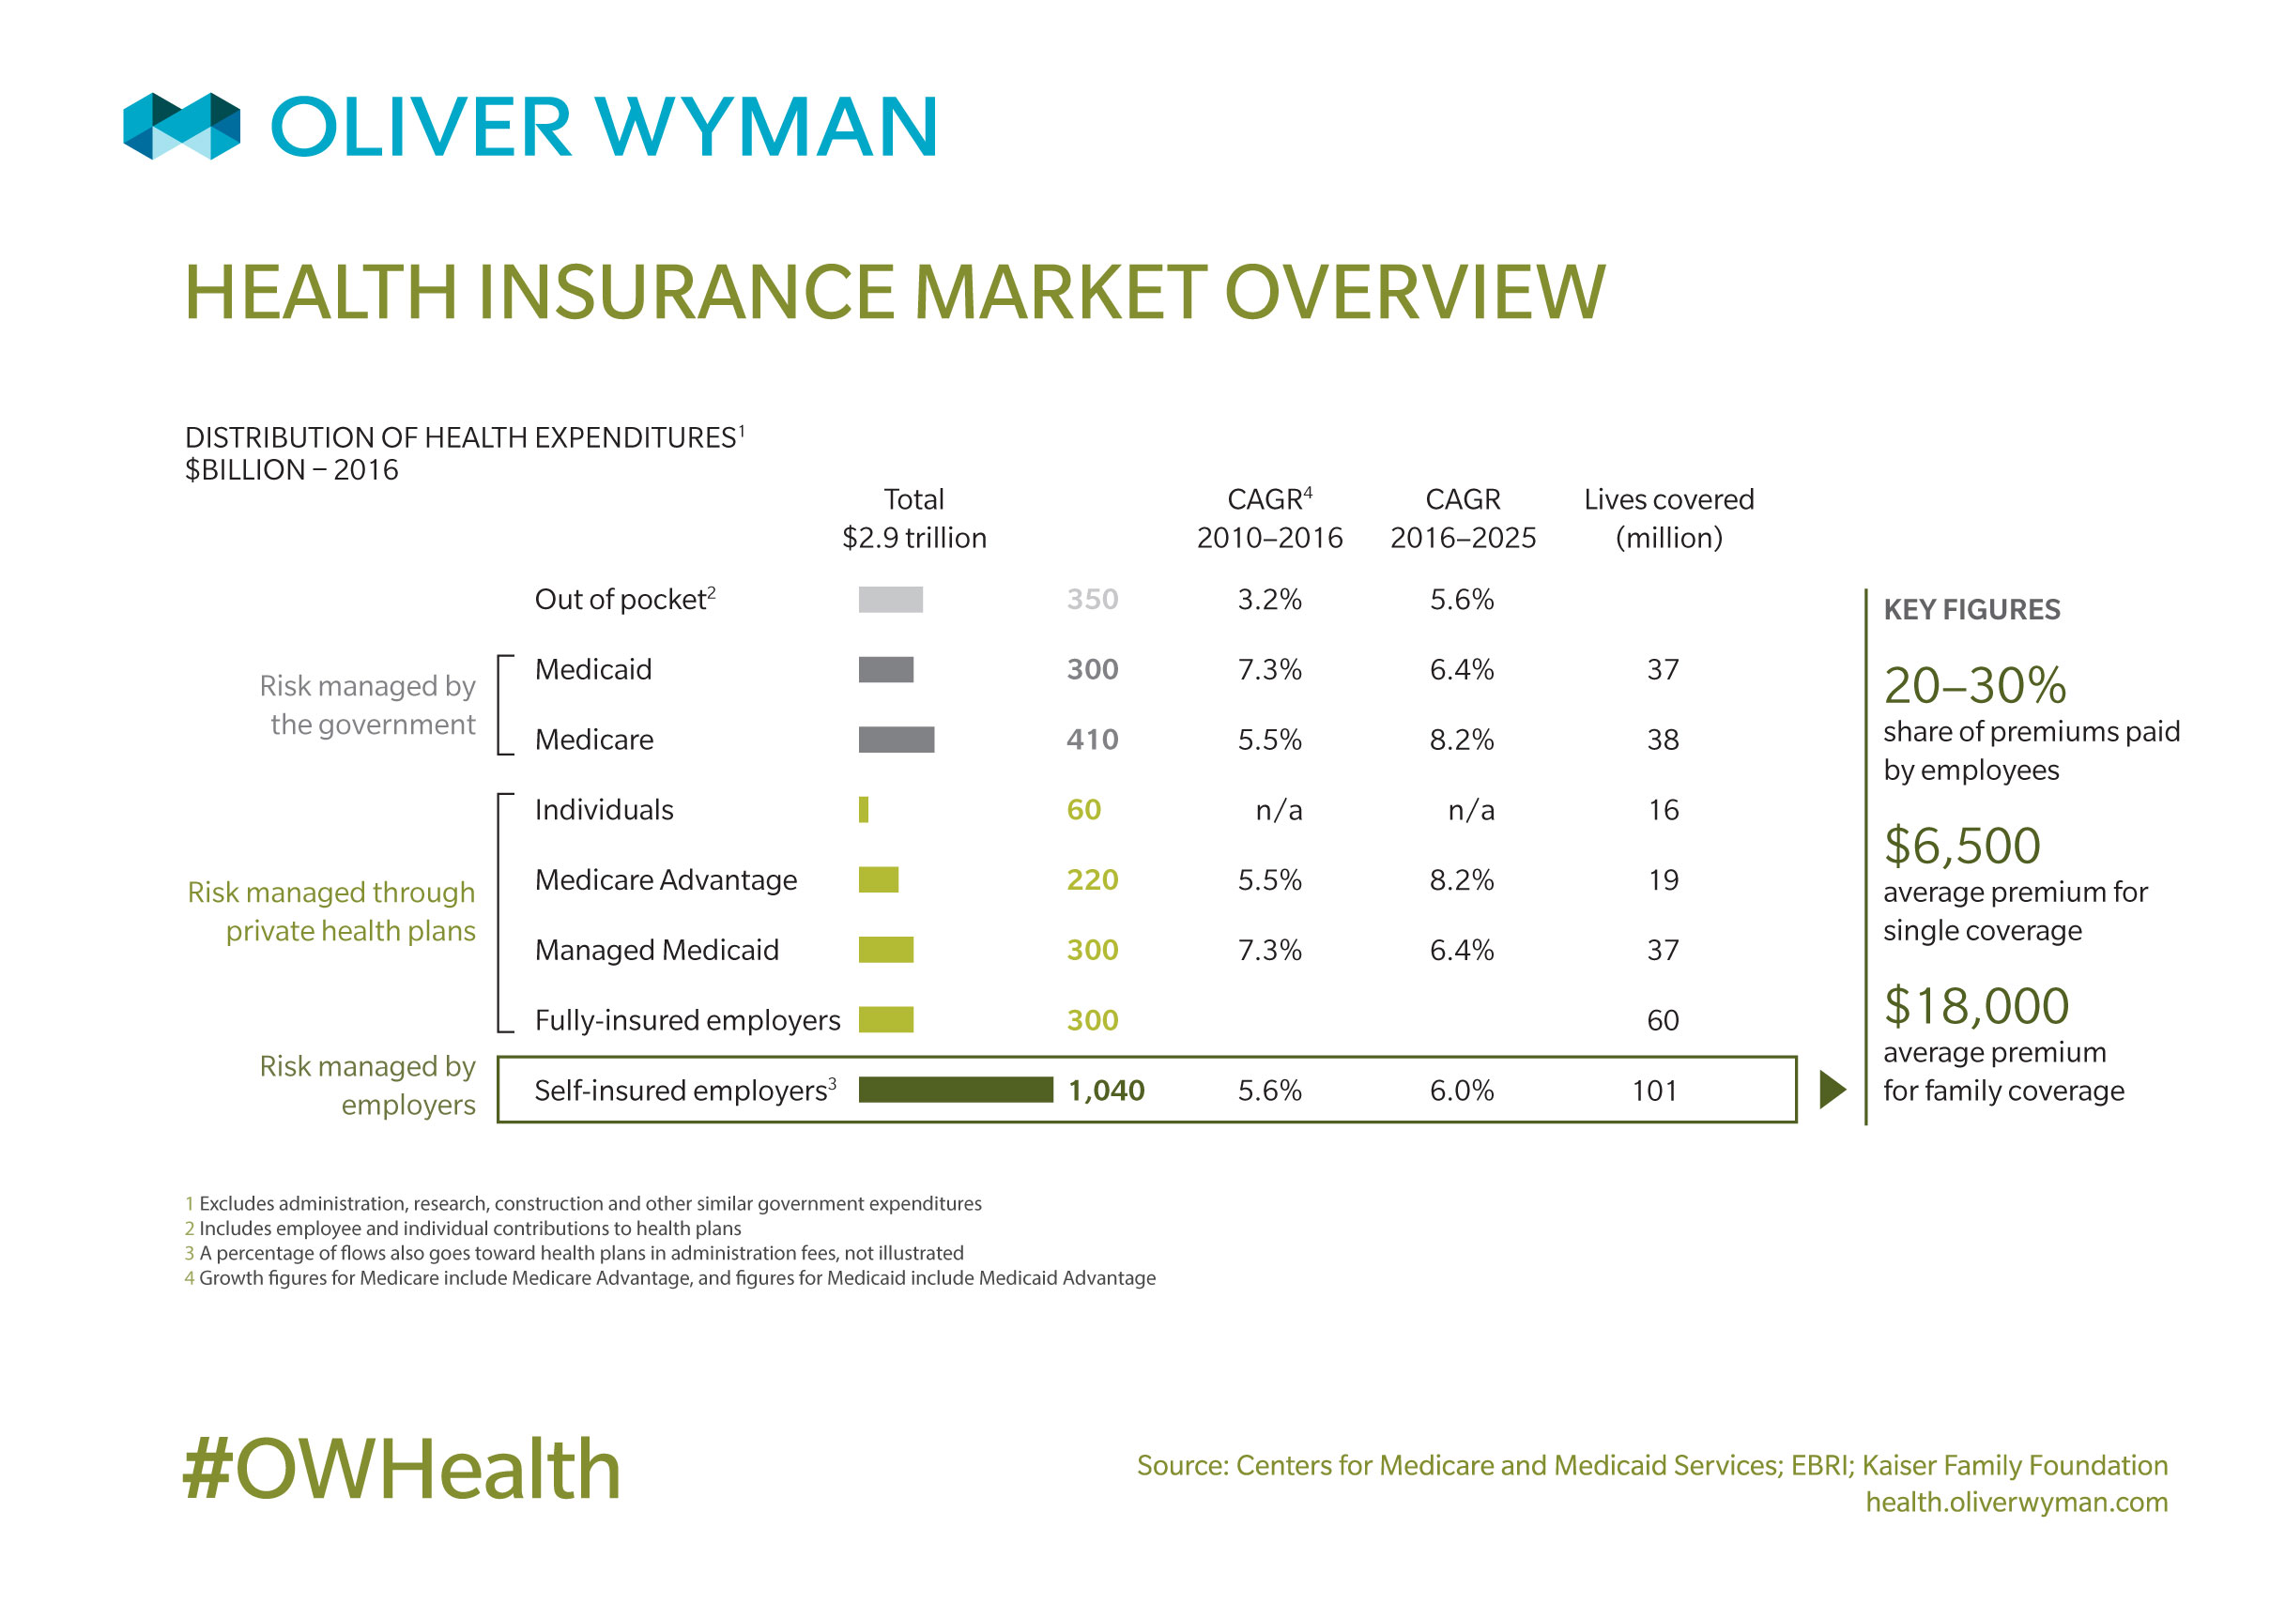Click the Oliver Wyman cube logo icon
(x=181, y=126)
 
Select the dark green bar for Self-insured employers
(x=955, y=1089)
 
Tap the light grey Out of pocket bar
(x=890, y=599)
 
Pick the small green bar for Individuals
(x=863, y=809)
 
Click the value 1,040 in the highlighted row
(x=1105, y=1090)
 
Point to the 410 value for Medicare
(x=1091, y=740)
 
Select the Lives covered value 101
(x=1653, y=1090)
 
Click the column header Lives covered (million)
(x=1668, y=518)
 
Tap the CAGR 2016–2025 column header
(x=1462, y=518)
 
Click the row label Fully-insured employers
(x=686, y=1019)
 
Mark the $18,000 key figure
(x=1975, y=1005)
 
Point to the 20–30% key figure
(x=1974, y=684)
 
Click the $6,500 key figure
(x=1961, y=845)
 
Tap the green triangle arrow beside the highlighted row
(x=1831, y=1089)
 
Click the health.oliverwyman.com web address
(x=2015, y=1502)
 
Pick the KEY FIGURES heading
(x=1971, y=609)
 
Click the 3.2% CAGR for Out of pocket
(x=1268, y=599)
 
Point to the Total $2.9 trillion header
(x=913, y=518)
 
